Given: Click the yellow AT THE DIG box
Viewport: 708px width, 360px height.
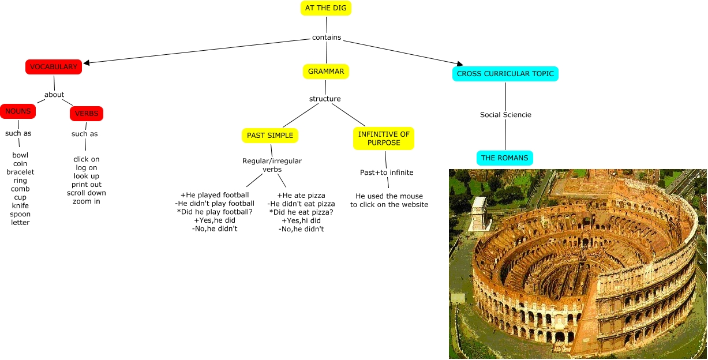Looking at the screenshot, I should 326,8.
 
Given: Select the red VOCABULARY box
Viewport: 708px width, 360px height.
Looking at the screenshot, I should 54,67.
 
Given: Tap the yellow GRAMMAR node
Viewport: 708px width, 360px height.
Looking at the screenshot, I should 326,72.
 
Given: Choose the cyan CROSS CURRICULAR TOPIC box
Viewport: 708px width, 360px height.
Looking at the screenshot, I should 505,74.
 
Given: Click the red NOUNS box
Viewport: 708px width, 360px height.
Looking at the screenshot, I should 18,111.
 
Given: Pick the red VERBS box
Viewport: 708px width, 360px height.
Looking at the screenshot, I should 87,114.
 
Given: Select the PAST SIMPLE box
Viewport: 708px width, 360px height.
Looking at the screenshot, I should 270,136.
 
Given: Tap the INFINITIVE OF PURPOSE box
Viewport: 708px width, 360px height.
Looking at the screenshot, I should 384,138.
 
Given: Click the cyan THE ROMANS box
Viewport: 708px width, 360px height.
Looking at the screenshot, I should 505,158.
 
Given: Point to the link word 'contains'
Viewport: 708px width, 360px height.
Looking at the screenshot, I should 327,37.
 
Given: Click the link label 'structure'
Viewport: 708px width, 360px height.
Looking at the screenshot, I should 325,99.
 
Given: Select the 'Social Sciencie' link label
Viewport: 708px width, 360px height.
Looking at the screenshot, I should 505,115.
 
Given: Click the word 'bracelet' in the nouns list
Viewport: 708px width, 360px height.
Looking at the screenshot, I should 20,172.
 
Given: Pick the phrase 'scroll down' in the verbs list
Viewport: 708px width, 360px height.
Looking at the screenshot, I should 87,193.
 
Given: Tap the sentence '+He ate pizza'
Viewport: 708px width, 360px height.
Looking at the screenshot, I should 301,196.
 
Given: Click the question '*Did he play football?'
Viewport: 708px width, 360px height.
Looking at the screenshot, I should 215,212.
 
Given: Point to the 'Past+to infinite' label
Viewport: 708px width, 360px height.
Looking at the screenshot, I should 387,172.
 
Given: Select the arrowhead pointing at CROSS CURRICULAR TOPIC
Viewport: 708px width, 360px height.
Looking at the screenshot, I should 459,63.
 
